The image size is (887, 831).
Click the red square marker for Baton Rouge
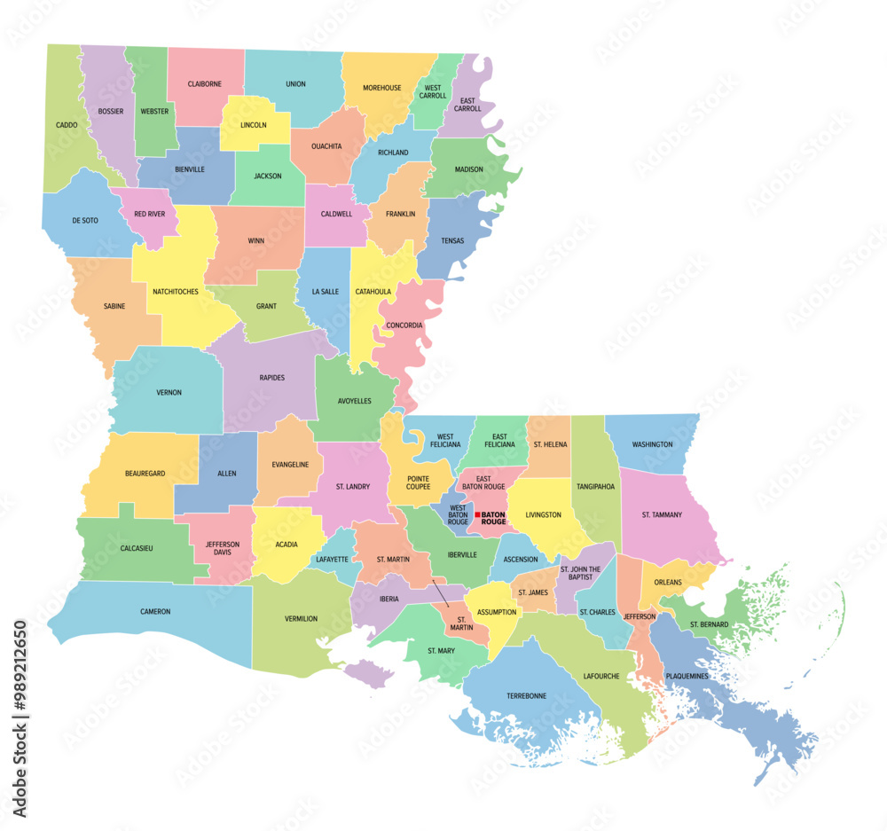coord(476,514)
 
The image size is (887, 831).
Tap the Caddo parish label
coord(67,125)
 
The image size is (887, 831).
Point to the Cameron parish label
coord(155,611)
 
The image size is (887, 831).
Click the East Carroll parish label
coord(467,105)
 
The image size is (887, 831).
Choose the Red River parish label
coord(148,214)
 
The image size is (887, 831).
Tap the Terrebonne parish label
coord(526,695)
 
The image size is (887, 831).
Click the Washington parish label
coord(652,444)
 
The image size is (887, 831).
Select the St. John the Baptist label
coord(581,573)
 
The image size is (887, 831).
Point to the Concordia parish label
coord(404,325)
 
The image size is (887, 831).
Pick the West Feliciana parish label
coord(445,440)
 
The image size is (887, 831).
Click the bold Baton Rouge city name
coord(493,518)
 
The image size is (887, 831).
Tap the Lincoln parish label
coord(253,125)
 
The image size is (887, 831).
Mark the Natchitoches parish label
coord(176,291)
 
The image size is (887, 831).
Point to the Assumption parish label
coord(497,612)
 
